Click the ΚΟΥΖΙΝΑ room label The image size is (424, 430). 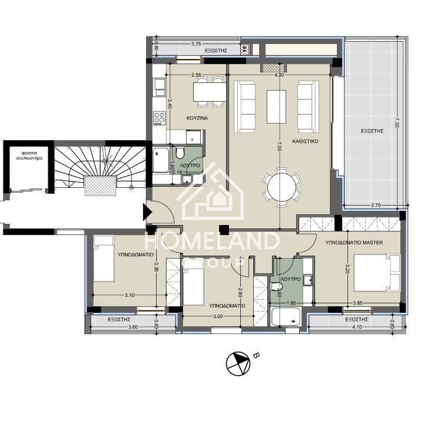[x=197, y=118]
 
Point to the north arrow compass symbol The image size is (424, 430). [x=238, y=363]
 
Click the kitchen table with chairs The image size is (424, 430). [x=208, y=91]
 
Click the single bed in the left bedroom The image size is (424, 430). [x=104, y=258]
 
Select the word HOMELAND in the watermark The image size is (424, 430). [x=212, y=242]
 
